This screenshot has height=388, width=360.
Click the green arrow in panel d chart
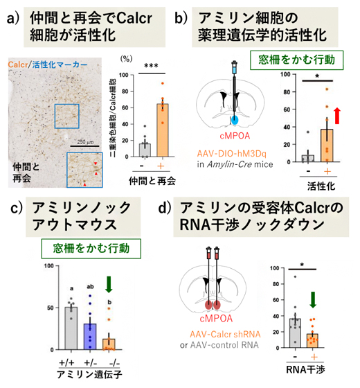pyautogui.click(x=314, y=299)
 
